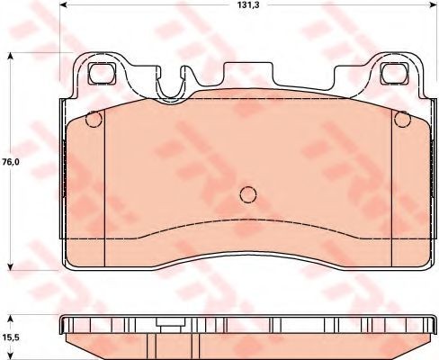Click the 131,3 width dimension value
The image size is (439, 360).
pos(248,4)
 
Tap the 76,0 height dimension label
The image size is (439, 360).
pos(11,162)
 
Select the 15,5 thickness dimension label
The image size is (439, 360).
pos(11,337)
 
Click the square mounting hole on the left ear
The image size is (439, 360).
pos(102,73)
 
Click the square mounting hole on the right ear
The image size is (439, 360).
pos(394,74)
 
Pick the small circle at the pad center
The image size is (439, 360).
pos(248,194)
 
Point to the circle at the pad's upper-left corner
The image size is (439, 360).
pos(94,119)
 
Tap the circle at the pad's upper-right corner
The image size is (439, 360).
pos(403,119)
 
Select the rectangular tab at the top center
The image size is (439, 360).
pos(249,73)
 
